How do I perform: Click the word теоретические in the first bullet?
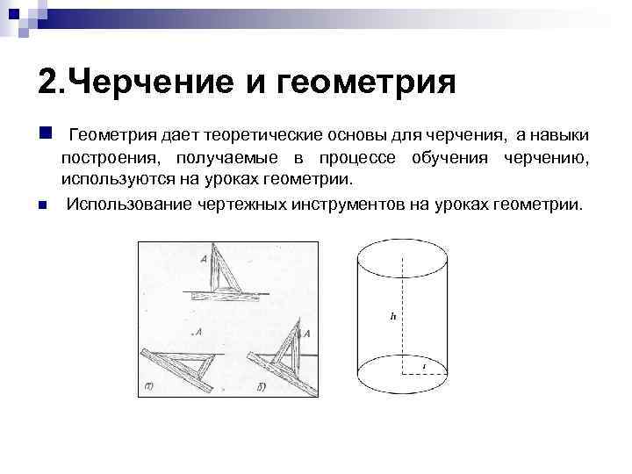[261, 135]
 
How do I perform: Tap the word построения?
[111, 158]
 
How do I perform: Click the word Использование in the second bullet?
[131, 205]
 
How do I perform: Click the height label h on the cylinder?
[393, 314]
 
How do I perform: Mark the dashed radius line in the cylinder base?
[426, 374]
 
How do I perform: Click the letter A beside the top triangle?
[204, 258]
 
